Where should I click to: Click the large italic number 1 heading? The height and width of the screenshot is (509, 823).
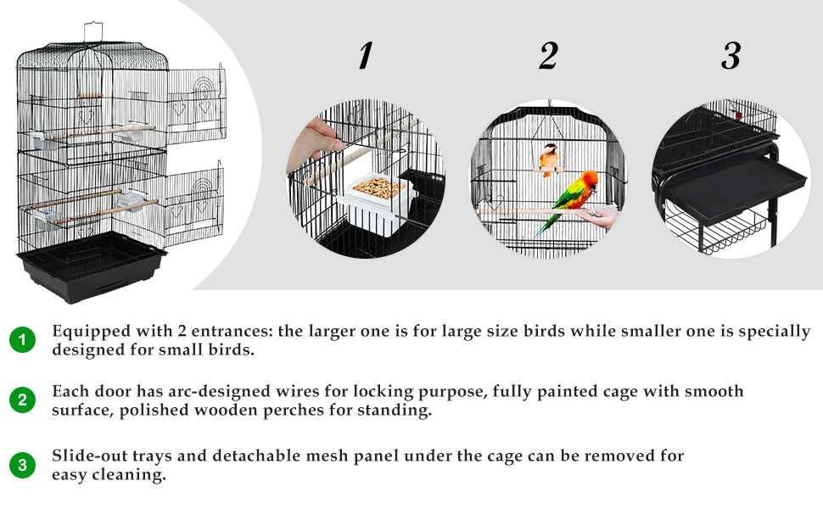click(x=366, y=56)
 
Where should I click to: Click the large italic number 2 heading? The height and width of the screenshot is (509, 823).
click(x=548, y=56)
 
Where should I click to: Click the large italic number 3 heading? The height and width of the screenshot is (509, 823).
click(x=731, y=56)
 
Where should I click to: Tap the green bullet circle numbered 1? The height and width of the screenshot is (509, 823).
click(x=22, y=339)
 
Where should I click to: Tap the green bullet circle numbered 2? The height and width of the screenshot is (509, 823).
click(x=22, y=400)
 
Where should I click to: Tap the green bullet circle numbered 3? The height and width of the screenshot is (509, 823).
click(x=22, y=465)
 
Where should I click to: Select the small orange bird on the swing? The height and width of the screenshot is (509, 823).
click(x=548, y=159)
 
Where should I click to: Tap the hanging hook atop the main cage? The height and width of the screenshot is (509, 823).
click(x=92, y=31)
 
